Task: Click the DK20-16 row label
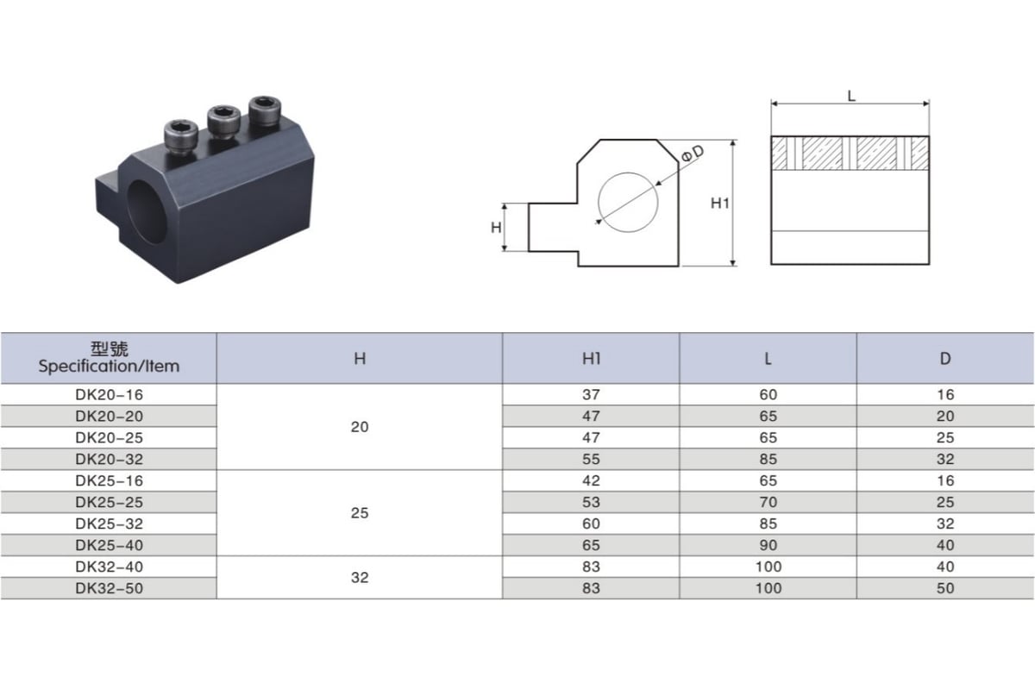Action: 109,395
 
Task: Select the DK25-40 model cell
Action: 109,545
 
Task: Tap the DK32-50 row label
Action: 109,588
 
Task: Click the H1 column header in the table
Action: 591,359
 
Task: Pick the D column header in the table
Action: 945,359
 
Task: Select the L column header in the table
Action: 768,359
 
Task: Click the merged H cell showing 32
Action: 360,578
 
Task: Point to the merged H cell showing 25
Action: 360,513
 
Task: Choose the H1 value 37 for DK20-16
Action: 591,395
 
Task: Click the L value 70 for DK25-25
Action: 768,502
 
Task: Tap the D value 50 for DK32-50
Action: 945,588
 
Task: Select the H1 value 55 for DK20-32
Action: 591,460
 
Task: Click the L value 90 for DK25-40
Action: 768,545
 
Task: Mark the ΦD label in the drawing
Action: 693,153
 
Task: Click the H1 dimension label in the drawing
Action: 719,204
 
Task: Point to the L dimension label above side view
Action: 851,96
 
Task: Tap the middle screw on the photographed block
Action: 223,121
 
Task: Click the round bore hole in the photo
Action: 147,211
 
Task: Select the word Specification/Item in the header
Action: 109,367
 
